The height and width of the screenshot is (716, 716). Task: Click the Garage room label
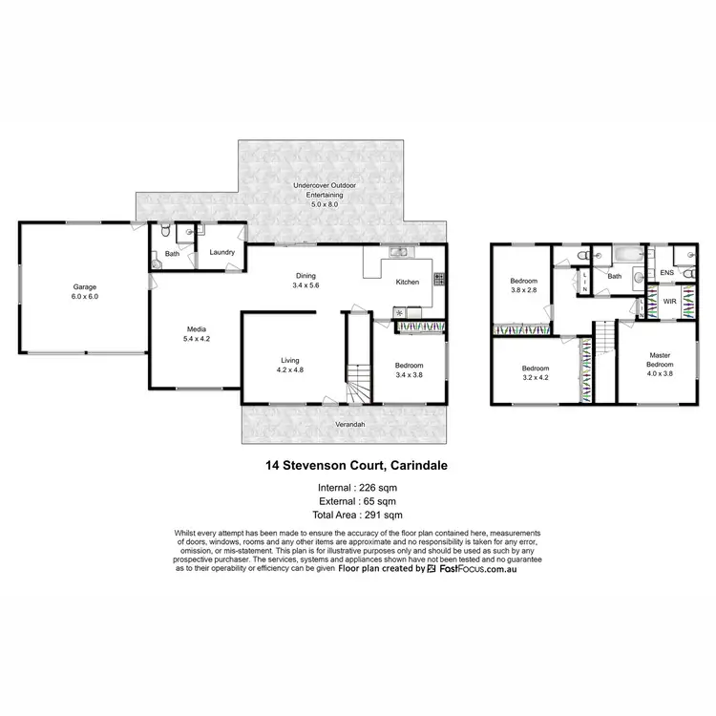pos(85,286)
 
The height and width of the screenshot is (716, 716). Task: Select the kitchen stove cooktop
pos(438,280)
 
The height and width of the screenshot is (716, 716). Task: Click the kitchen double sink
pos(399,251)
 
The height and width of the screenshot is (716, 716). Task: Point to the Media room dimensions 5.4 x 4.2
pos(196,339)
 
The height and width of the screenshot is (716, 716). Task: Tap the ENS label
pos(667,272)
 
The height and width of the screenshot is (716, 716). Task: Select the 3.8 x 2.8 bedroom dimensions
pos(525,290)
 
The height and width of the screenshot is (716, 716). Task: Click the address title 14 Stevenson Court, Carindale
pos(357,467)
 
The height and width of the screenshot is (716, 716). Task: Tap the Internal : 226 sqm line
pos(357,488)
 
